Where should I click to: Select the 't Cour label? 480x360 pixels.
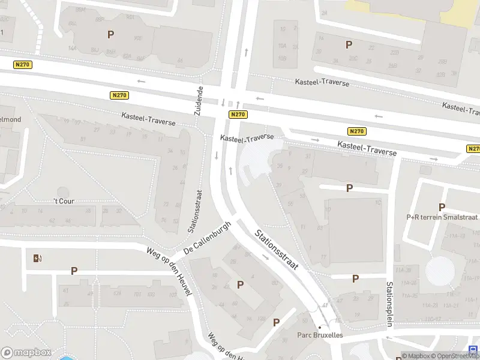[64, 201]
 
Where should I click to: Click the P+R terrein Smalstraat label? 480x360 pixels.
[442, 217]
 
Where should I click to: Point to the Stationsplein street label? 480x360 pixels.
[389, 304]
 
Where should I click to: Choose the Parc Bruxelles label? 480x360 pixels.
[320, 335]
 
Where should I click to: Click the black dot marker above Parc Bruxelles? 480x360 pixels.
[319, 327]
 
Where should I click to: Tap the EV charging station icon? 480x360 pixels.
[38, 259]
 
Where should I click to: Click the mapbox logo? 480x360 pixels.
[26, 353]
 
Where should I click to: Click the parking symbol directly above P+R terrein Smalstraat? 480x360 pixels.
[442, 207]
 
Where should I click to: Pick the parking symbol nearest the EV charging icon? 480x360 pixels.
[74, 271]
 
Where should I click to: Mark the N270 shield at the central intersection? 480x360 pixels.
[238, 114]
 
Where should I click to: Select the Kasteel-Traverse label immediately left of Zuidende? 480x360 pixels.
[148, 119]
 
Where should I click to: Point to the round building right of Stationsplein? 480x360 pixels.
[440, 271]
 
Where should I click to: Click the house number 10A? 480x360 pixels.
[282, 46]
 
